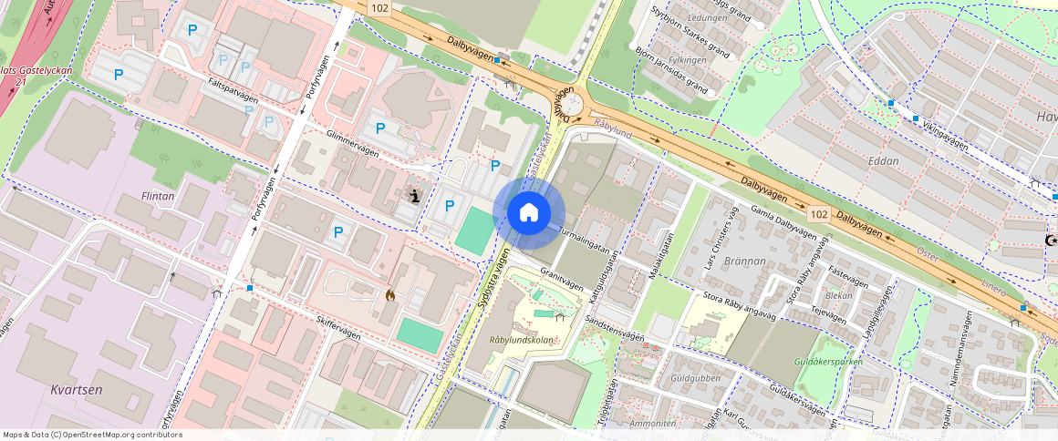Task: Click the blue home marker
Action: pos(528,213)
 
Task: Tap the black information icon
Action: pos(415,195)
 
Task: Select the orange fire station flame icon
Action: pos(390,295)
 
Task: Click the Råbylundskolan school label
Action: pos(521,340)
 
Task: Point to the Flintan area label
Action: pos(159,195)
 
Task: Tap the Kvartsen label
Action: pos(77,390)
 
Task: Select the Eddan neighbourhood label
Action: pos(883,161)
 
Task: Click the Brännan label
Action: pos(747,262)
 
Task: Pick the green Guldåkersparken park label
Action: pos(828,362)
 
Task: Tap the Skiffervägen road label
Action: pos(338,329)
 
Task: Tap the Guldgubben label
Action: pos(695,378)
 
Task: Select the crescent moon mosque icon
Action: pos(1051,240)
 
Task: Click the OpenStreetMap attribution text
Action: pos(92,435)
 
